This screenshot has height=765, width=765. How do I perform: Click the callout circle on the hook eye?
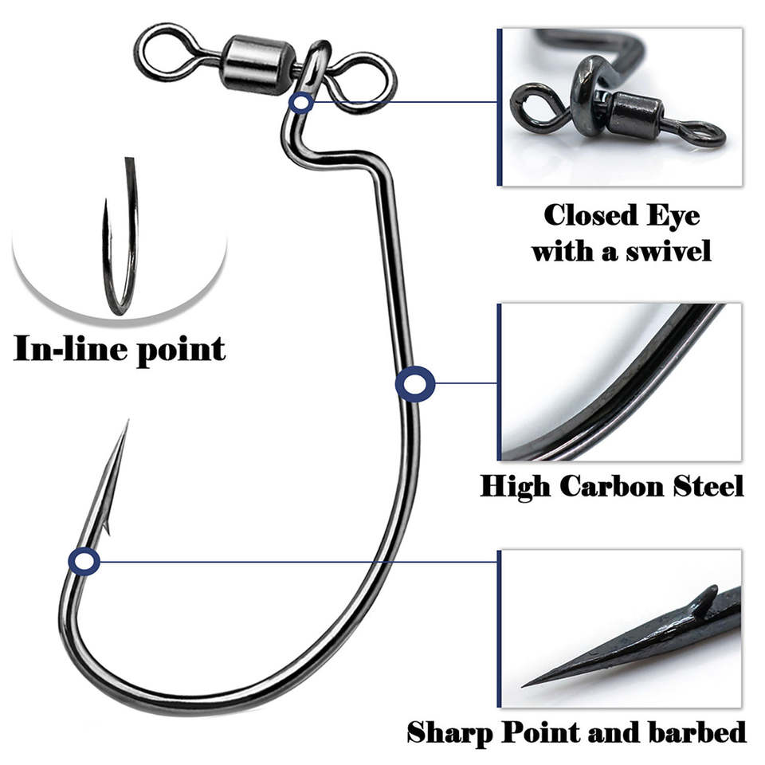tap(301, 102)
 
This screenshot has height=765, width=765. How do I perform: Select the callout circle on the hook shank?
tap(414, 385)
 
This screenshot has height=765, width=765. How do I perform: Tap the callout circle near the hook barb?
tap(84, 562)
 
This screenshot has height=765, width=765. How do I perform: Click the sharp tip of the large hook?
tap(126, 423)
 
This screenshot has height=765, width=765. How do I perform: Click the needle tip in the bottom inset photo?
tap(528, 684)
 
